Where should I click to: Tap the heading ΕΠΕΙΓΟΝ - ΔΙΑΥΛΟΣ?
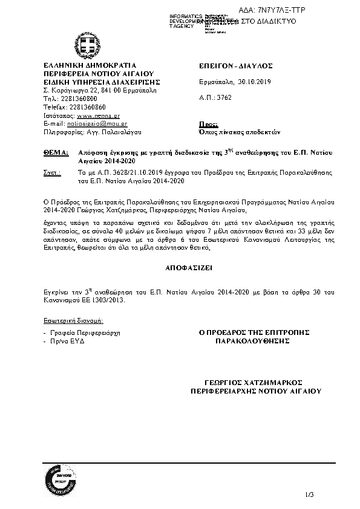click(236, 65)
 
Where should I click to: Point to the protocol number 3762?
click(223, 97)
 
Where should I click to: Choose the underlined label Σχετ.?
click(53, 172)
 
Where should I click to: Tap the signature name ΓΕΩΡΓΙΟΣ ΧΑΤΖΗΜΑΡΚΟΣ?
click(261, 383)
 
